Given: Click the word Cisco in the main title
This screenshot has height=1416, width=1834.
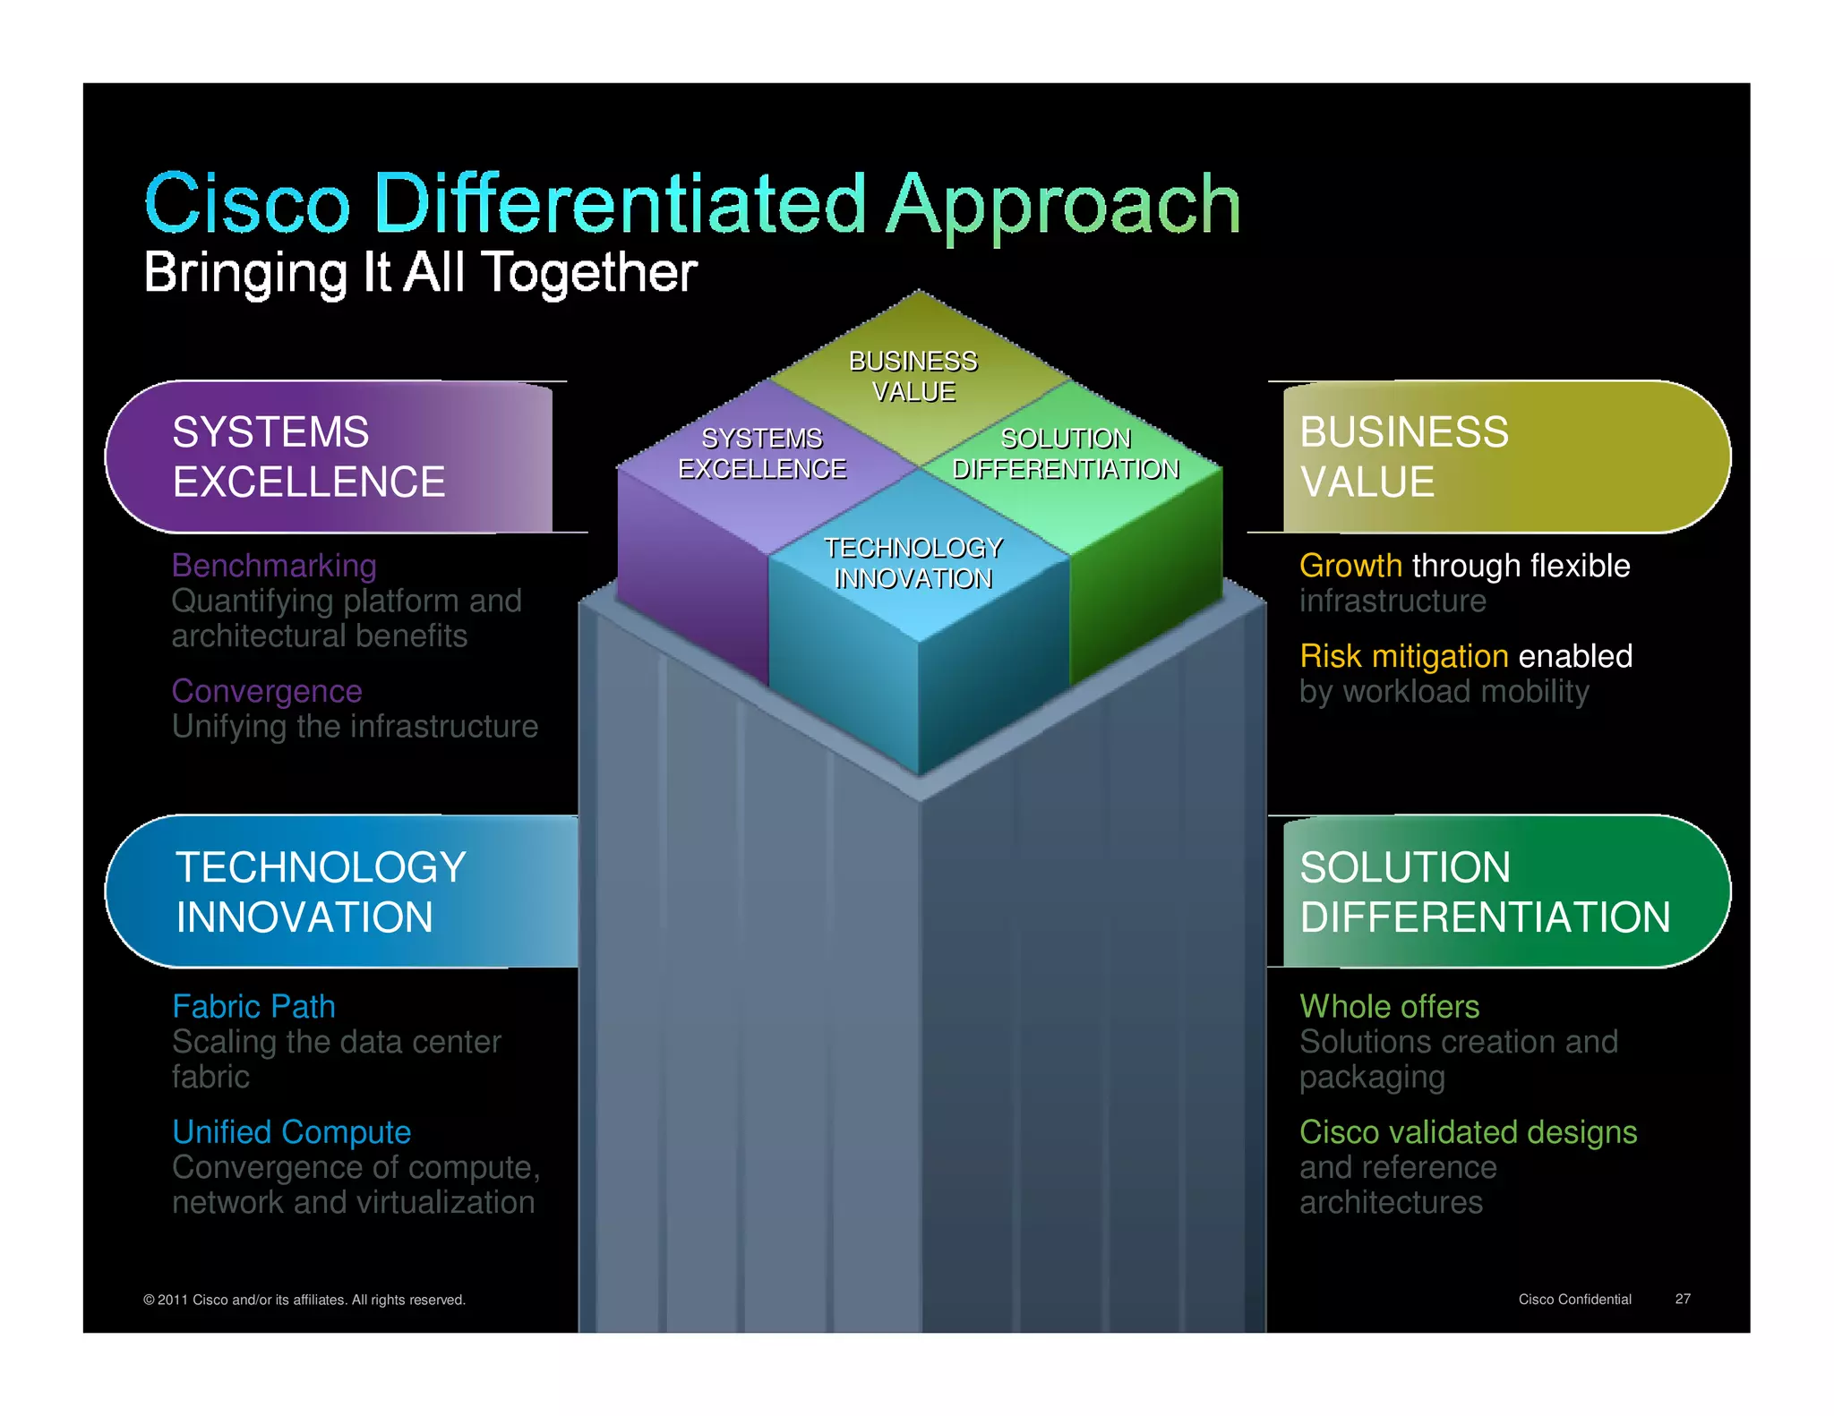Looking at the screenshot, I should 246,204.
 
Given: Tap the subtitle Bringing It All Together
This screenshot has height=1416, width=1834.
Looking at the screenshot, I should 419,272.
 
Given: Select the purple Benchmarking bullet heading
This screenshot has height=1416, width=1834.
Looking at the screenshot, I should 274,566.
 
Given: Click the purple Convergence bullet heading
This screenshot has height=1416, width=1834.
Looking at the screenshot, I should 267,691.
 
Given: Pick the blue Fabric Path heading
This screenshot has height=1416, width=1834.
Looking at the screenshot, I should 253,1007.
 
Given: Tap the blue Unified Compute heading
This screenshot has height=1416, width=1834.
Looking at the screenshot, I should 291,1132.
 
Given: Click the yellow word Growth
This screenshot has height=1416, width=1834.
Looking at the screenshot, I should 1350,566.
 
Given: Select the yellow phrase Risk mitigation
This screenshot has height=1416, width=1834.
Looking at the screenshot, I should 1403,656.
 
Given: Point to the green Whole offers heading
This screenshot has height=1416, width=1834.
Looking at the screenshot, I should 1389,1007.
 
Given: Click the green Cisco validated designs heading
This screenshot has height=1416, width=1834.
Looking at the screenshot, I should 1468,1132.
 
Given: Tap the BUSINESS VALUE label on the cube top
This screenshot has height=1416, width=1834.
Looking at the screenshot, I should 913,377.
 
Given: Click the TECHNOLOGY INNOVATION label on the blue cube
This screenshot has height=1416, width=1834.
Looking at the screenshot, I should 913,563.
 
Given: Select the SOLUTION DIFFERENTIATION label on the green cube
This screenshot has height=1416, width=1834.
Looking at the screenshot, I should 1066,454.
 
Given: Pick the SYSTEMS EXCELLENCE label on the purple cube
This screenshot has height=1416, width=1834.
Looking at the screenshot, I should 762,454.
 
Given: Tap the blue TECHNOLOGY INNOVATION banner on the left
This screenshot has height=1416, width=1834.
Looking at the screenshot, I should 340,891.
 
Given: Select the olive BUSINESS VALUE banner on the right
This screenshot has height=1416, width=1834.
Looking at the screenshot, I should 1504,456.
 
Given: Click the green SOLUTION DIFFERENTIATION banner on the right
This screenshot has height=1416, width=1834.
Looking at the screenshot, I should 1504,891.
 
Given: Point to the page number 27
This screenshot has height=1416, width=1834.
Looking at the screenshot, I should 1683,1299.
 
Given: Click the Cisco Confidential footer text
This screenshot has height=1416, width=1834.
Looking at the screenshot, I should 1574,1299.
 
